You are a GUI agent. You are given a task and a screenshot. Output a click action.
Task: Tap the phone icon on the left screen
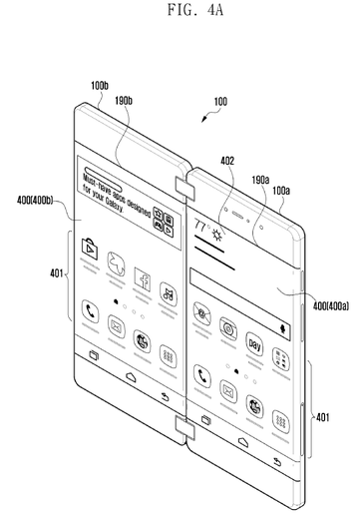92,311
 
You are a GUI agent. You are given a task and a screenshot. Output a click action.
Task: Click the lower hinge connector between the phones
185,427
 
